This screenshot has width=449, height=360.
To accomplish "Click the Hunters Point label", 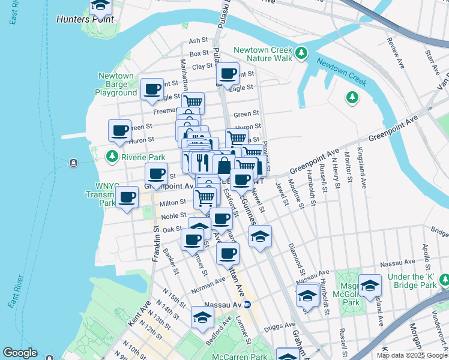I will [x=77, y=19].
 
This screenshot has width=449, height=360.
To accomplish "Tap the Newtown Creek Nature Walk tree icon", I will [x=302, y=53].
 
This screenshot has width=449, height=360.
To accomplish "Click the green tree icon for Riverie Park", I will [x=112, y=157].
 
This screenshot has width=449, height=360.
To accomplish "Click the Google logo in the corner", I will [x=20, y=352].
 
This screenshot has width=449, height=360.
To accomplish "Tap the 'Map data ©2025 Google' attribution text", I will [x=412, y=355].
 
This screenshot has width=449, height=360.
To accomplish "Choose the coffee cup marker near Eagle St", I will [x=152, y=89].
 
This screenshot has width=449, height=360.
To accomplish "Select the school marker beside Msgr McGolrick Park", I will [x=370, y=284].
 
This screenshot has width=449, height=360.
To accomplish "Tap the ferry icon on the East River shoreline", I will [x=73, y=163].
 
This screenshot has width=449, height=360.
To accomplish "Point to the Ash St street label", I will [x=198, y=40].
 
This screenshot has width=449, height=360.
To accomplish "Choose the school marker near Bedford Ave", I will [x=202, y=317].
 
